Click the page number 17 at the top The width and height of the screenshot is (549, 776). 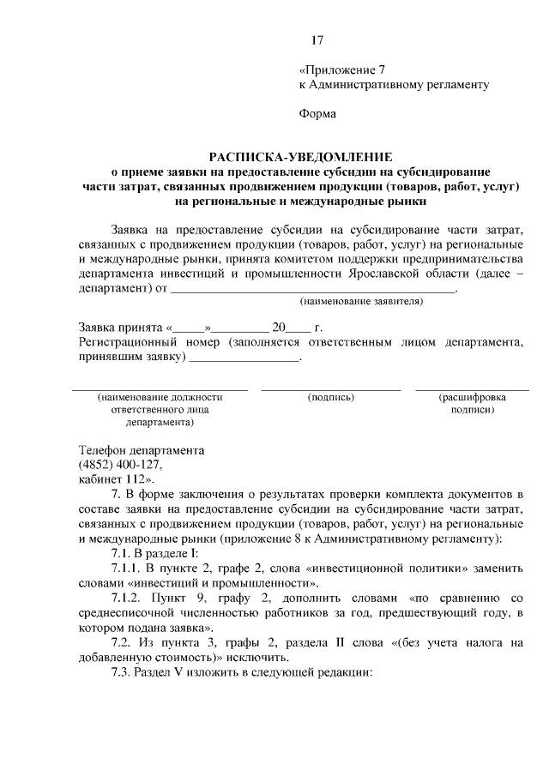317,40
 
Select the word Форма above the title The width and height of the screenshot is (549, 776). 317,113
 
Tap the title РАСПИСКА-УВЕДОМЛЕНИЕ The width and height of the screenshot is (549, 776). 301,157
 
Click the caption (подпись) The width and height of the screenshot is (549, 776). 330,397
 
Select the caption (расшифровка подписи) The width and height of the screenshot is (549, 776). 472,404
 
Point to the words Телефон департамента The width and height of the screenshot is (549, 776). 142,449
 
